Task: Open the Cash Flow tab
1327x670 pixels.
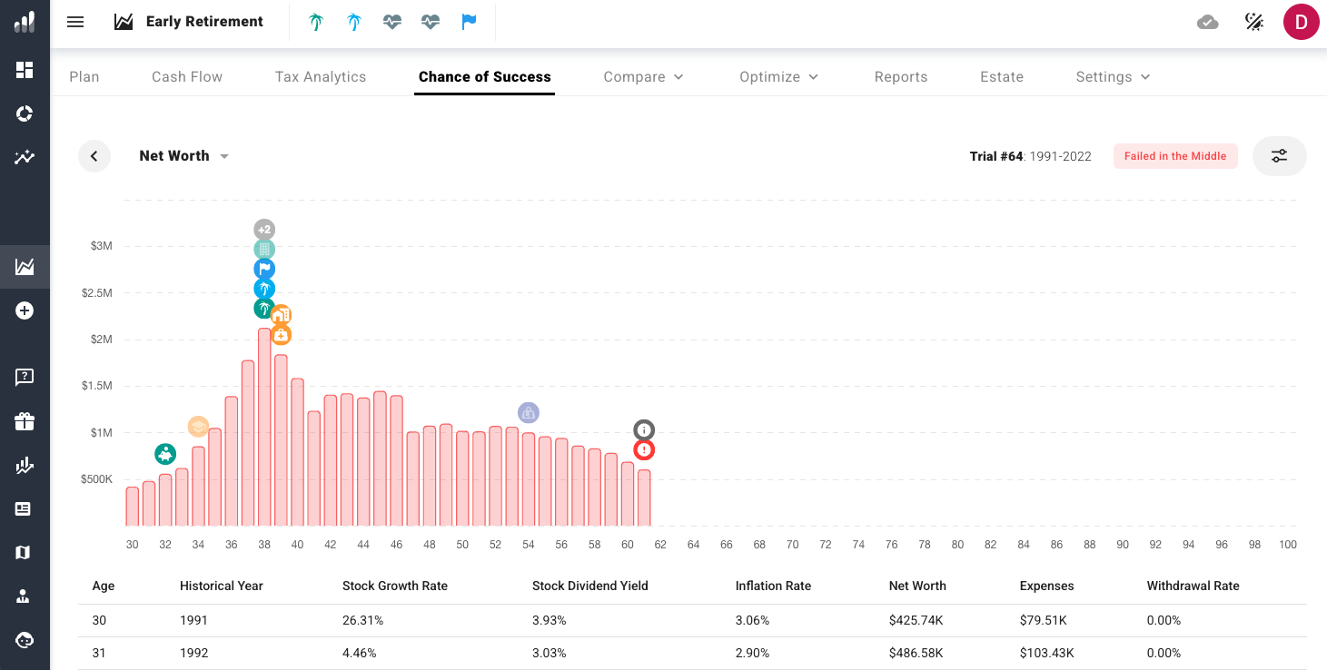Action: tap(186, 77)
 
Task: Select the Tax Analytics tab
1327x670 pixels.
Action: tap(321, 77)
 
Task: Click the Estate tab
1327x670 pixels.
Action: tap(1002, 77)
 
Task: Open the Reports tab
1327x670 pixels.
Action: tap(901, 77)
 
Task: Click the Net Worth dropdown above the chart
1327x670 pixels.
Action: tap(183, 156)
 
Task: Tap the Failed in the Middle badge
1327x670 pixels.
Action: tap(1175, 156)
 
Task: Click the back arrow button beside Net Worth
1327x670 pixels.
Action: tap(94, 156)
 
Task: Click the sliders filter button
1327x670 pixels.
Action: tap(1279, 156)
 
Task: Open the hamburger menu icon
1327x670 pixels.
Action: tap(75, 22)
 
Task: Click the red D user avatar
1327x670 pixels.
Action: tap(1301, 22)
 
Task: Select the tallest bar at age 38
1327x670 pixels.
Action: tap(264, 427)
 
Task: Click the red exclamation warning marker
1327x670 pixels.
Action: tap(644, 450)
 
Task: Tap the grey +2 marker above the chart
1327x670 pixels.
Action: tap(264, 230)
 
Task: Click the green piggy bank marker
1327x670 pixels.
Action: tap(165, 454)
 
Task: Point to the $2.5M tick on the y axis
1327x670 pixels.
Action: tap(96, 292)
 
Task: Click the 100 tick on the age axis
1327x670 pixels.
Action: tap(1287, 545)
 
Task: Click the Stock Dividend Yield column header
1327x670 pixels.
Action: tap(590, 586)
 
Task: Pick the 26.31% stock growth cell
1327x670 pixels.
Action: tap(362, 620)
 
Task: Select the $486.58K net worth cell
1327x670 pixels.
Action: tap(916, 653)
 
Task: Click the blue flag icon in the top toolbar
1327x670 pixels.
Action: tap(469, 22)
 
